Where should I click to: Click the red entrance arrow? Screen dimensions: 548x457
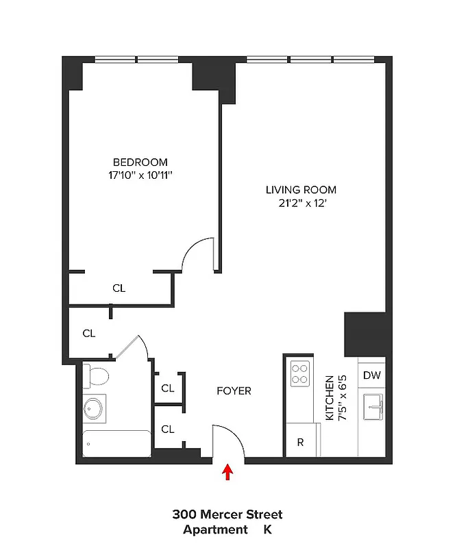coord(228,473)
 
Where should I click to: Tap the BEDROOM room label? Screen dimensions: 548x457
coord(140,162)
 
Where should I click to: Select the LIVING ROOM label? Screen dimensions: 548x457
coord(301,190)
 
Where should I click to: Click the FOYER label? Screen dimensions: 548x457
coord(234,391)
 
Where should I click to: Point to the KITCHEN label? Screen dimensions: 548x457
coord(329,398)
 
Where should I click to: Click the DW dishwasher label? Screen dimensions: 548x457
coord(371,375)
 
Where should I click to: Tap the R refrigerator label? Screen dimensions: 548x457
coord(300,443)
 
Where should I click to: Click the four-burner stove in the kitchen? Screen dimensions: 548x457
coord(299,374)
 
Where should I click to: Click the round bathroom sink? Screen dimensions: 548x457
coord(95,409)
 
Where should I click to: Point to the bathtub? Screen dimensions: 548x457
coord(116,444)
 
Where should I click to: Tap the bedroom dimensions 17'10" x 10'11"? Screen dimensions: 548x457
coord(140,175)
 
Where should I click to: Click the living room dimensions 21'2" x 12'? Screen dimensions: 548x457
coord(301,203)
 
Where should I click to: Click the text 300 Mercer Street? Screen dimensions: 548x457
coord(227,514)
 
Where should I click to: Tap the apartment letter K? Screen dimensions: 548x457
coord(268,530)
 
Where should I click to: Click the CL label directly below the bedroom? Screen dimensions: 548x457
coord(119,288)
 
